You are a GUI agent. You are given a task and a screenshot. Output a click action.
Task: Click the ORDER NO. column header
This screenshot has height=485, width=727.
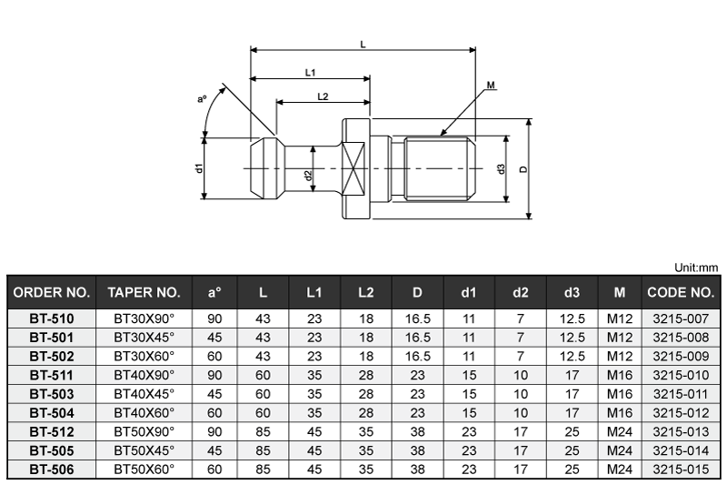coord(51,293)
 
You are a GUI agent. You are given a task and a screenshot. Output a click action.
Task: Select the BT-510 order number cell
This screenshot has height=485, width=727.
coord(51,318)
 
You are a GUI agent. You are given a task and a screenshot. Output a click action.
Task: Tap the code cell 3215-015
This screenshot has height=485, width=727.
coord(681,470)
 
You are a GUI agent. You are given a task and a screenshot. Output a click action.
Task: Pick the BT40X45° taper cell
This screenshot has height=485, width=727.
coord(144,394)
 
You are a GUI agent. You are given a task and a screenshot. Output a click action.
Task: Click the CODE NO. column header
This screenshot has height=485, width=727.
coord(681,293)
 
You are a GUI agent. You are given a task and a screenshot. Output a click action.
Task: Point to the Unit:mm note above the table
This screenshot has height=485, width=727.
coord(696,268)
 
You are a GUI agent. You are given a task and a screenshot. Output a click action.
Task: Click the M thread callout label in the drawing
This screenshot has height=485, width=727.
coord(491,86)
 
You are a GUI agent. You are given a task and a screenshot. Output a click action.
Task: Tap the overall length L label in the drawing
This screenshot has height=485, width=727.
coord(363,43)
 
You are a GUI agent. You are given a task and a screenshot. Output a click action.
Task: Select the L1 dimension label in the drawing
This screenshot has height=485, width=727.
coord(310,72)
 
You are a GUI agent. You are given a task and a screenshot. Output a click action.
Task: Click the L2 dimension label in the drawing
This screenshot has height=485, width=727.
coord(323,96)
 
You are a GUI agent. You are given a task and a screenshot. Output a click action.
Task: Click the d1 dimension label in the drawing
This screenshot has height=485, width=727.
coord(198,168)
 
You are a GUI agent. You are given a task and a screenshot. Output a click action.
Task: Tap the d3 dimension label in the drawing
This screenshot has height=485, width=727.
coord(501,169)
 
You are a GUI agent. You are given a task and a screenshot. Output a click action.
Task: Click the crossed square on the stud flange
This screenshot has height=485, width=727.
coord(355,169)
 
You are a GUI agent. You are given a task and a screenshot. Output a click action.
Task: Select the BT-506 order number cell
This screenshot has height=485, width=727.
coord(51,470)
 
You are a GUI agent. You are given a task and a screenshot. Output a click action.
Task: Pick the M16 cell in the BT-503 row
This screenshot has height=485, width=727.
coord(619,394)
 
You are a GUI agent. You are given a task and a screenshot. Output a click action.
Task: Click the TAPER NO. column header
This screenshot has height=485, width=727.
coord(144,293)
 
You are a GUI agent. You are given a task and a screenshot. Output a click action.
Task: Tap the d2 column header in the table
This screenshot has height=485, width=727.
coord(520,293)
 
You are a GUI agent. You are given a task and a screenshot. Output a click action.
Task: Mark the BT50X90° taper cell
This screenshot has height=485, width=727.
coord(144,431)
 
